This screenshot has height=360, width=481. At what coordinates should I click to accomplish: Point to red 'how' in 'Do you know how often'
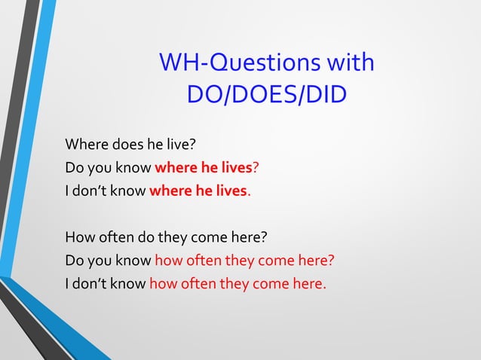coord(168,261)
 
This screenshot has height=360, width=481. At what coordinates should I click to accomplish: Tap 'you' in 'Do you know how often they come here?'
coord(99,261)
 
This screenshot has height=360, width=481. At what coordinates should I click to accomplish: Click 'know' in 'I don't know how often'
coord(128,284)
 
